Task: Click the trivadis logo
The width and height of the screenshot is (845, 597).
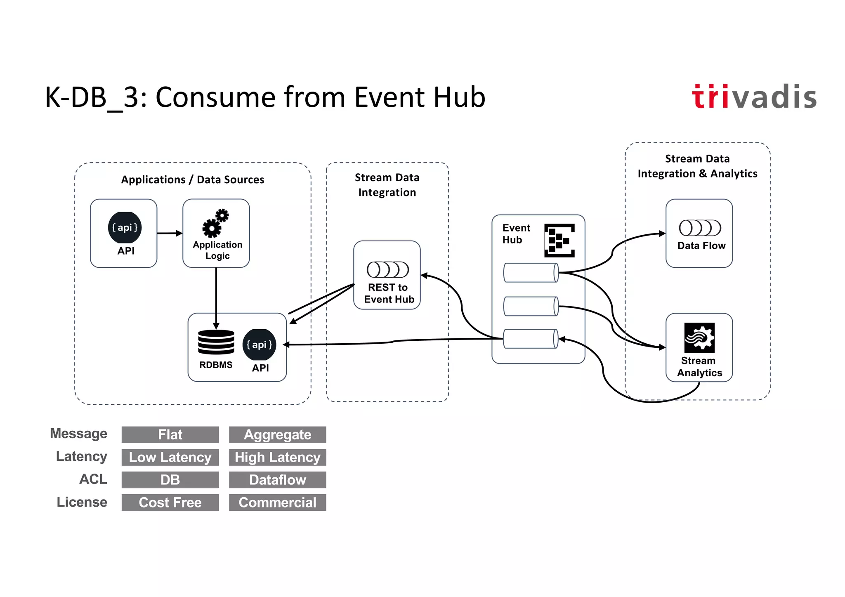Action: click(754, 97)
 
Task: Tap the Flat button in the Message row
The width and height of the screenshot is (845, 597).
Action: click(170, 434)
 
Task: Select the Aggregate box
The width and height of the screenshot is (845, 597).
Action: click(277, 434)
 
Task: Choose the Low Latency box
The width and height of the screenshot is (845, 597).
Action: click(170, 457)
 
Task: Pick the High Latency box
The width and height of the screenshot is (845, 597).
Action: click(277, 457)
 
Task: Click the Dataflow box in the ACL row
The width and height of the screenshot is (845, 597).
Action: click(277, 480)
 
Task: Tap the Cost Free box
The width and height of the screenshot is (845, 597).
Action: click(170, 503)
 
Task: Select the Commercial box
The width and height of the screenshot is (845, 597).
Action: click(277, 503)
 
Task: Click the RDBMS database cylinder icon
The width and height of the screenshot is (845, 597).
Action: click(216, 342)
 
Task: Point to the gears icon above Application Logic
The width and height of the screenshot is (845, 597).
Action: click(215, 223)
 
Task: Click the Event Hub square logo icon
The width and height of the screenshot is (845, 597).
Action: click(559, 241)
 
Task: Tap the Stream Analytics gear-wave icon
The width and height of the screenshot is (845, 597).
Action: click(699, 337)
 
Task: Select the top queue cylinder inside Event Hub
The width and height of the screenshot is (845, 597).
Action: click(531, 273)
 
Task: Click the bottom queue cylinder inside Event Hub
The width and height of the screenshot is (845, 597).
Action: click(531, 339)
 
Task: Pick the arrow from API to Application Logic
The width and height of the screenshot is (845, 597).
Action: click(170, 233)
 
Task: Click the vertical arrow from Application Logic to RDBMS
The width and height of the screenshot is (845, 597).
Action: click(216, 297)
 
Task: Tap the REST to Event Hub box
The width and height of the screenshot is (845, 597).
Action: click(387, 275)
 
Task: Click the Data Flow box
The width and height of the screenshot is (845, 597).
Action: click(699, 234)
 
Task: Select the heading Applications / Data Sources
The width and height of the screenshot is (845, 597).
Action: click(192, 180)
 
